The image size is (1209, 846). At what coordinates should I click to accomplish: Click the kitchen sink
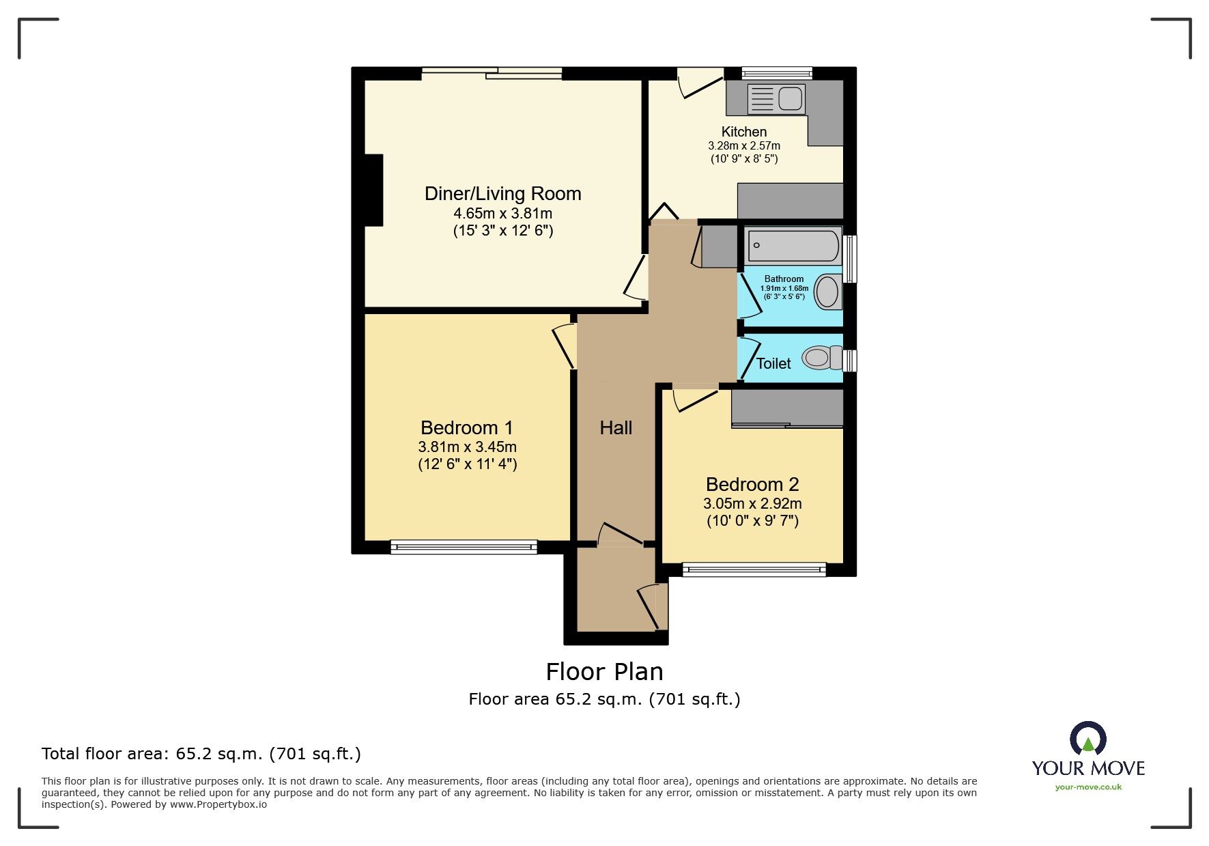(777, 99)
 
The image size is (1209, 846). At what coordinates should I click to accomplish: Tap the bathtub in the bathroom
(793, 246)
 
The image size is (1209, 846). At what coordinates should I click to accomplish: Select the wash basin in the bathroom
(827, 292)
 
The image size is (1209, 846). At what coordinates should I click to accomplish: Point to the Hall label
(616, 428)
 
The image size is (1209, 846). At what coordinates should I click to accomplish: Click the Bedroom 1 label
(467, 428)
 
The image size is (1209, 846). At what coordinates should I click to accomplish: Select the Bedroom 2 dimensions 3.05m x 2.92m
(752, 504)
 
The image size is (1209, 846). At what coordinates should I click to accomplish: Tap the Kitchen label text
(744, 132)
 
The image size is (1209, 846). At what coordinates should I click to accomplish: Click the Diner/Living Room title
(502, 194)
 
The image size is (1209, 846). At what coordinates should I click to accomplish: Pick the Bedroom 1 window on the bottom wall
(464, 546)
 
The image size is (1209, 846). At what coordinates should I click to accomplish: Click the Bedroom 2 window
(754, 569)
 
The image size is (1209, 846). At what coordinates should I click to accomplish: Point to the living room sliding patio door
(492, 73)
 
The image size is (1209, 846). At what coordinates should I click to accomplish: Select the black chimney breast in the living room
(373, 190)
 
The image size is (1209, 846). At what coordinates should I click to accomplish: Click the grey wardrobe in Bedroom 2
(787, 408)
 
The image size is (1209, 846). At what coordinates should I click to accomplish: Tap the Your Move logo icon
(1087, 738)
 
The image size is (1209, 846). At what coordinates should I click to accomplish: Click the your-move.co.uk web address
(1088, 787)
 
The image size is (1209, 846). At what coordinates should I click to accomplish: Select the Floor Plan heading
(604, 672)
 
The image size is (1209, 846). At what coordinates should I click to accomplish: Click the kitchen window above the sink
(777, 72)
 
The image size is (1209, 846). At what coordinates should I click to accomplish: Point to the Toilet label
(773, 364)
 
